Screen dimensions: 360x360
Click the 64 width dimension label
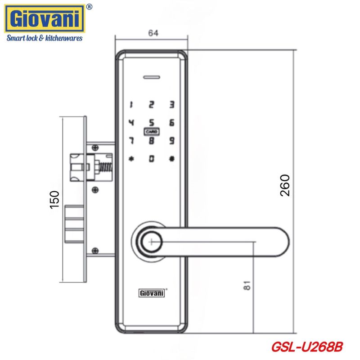pyautogui.click(x=153, y=33)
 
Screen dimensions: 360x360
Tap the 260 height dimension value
pyautogui.click(x=285, y=185)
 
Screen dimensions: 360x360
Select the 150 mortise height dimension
pyautogui.click(x=54, y=199)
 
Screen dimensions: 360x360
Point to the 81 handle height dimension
pyautogui.click(x=247, y=285)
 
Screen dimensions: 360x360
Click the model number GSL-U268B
pyautogui.click(x=307, y=346)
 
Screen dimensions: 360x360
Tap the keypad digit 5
pyautogui.click(x=152, y=122)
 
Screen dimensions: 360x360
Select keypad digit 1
pyautogui.click(x=131, y=105)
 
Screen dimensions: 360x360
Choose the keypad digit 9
pyautogui.click(x=172, y=140)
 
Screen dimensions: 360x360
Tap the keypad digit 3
pyautogui.click(x=172, y=105)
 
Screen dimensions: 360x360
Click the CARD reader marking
pyautogui.click(x=152, y=131)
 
